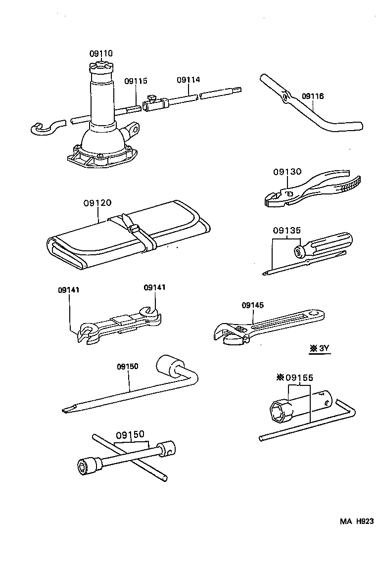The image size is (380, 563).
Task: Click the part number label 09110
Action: [x=101, y=53]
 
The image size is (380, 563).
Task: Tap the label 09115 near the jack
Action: [x=136, y=81]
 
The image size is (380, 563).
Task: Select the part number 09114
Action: [x=188, y=80]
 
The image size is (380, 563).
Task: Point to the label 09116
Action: [x=313, y=96]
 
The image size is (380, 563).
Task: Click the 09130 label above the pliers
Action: [x=287, y=172]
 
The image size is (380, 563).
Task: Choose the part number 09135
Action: [x=287, y=230]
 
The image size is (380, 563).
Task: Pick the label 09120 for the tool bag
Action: [x=97, y=203]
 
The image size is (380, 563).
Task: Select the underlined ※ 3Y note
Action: [x=319, y=348]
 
